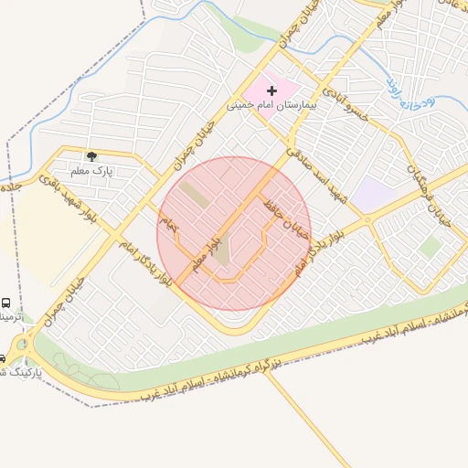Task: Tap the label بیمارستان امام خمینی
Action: click(x=271, y=105)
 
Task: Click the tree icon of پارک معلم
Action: click(x=90, y=155)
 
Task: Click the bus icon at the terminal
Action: click(x=6, y=303)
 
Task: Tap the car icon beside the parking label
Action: click(x=2, y=358)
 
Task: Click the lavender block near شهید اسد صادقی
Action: click(x=371, y=195)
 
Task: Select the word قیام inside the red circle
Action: click(x=169, y=222)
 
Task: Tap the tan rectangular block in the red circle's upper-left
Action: click(x=194, y=193)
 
